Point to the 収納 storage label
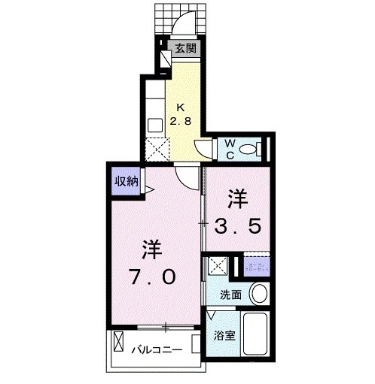coord(126,180)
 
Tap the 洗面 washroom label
coord(230,295)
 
